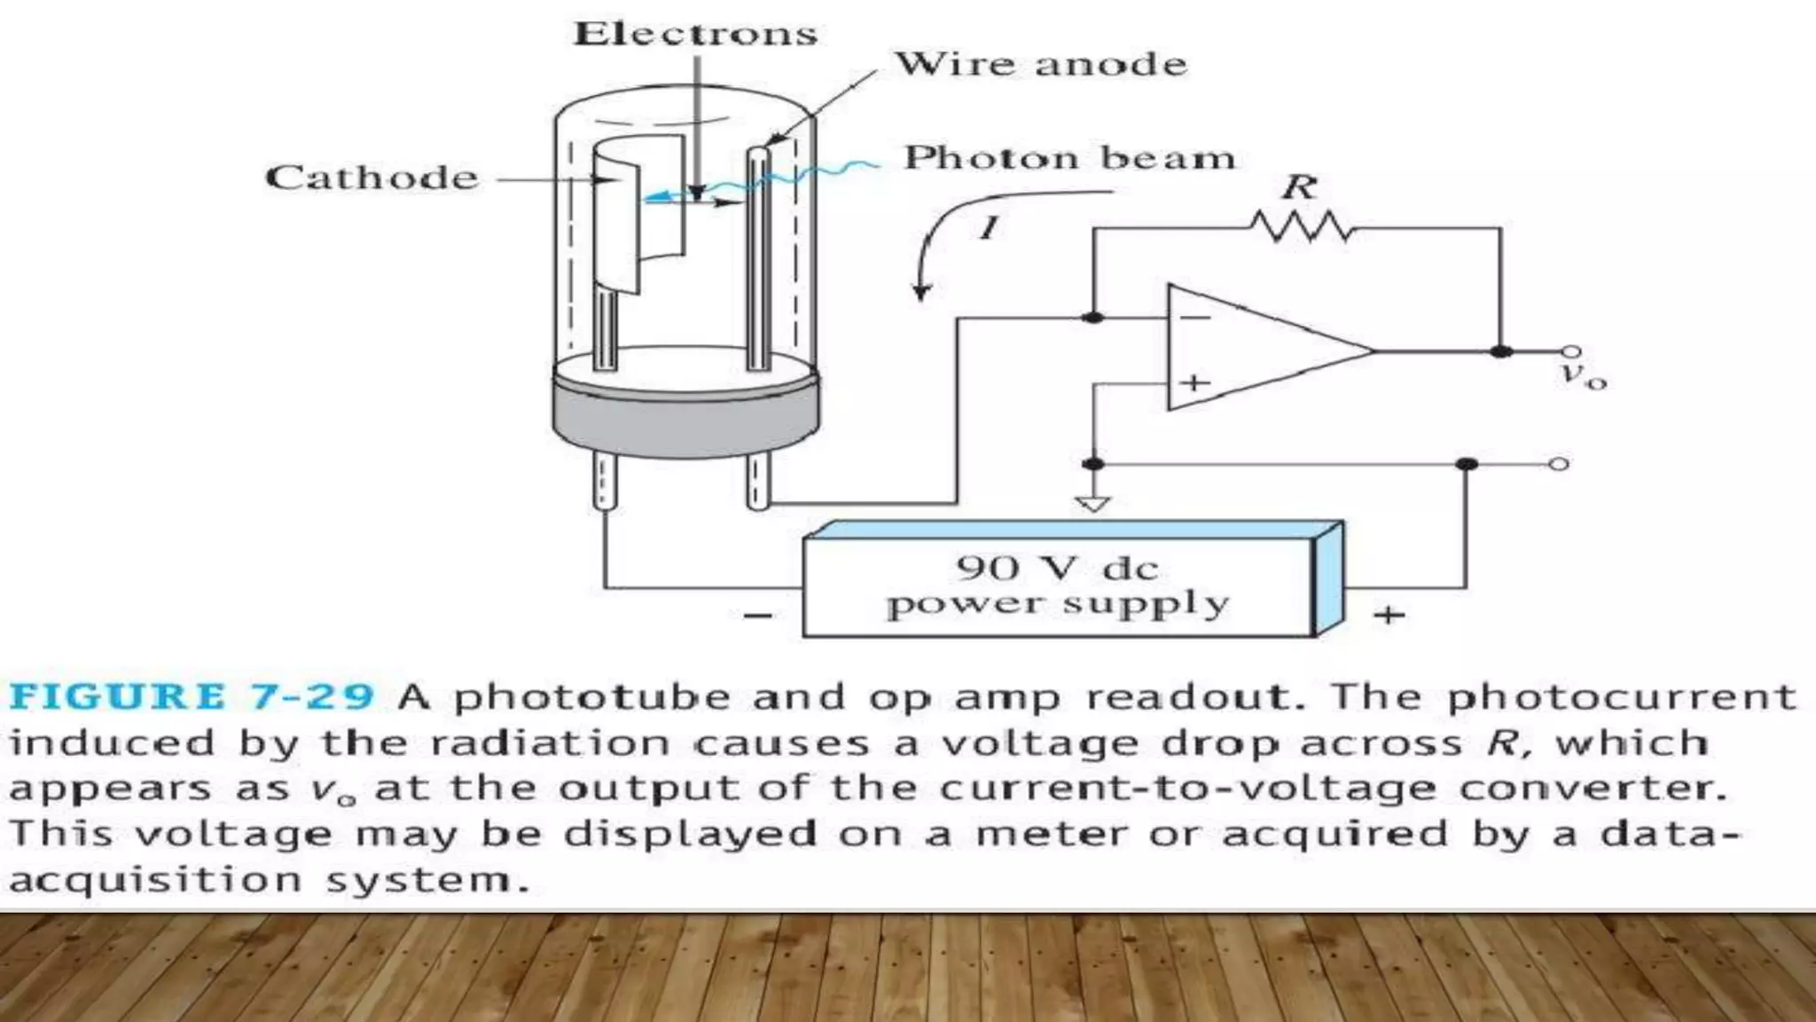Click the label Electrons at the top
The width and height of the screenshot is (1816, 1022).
pos(694,34)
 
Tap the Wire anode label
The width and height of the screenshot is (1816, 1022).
pos(1039,64)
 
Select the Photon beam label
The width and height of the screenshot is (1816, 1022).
pos(1068,158)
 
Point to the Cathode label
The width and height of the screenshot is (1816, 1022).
pos(372,177)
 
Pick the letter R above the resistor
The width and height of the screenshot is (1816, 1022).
pos(1300,187)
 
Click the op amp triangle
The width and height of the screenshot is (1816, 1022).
pos(1259,349)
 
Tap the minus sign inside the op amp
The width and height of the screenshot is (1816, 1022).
pos(1194,317)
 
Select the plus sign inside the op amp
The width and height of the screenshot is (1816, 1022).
pos(1194,382)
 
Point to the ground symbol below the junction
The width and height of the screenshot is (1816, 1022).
pos(1092,503)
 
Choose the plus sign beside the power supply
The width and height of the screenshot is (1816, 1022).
pos(1389,614)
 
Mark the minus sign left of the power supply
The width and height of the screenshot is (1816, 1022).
pos(757,615)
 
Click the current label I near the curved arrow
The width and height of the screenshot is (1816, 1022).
pos(989,228)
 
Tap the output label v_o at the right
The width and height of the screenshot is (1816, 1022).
pos(1583,375)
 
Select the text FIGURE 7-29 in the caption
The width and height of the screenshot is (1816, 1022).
pos(191,696)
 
